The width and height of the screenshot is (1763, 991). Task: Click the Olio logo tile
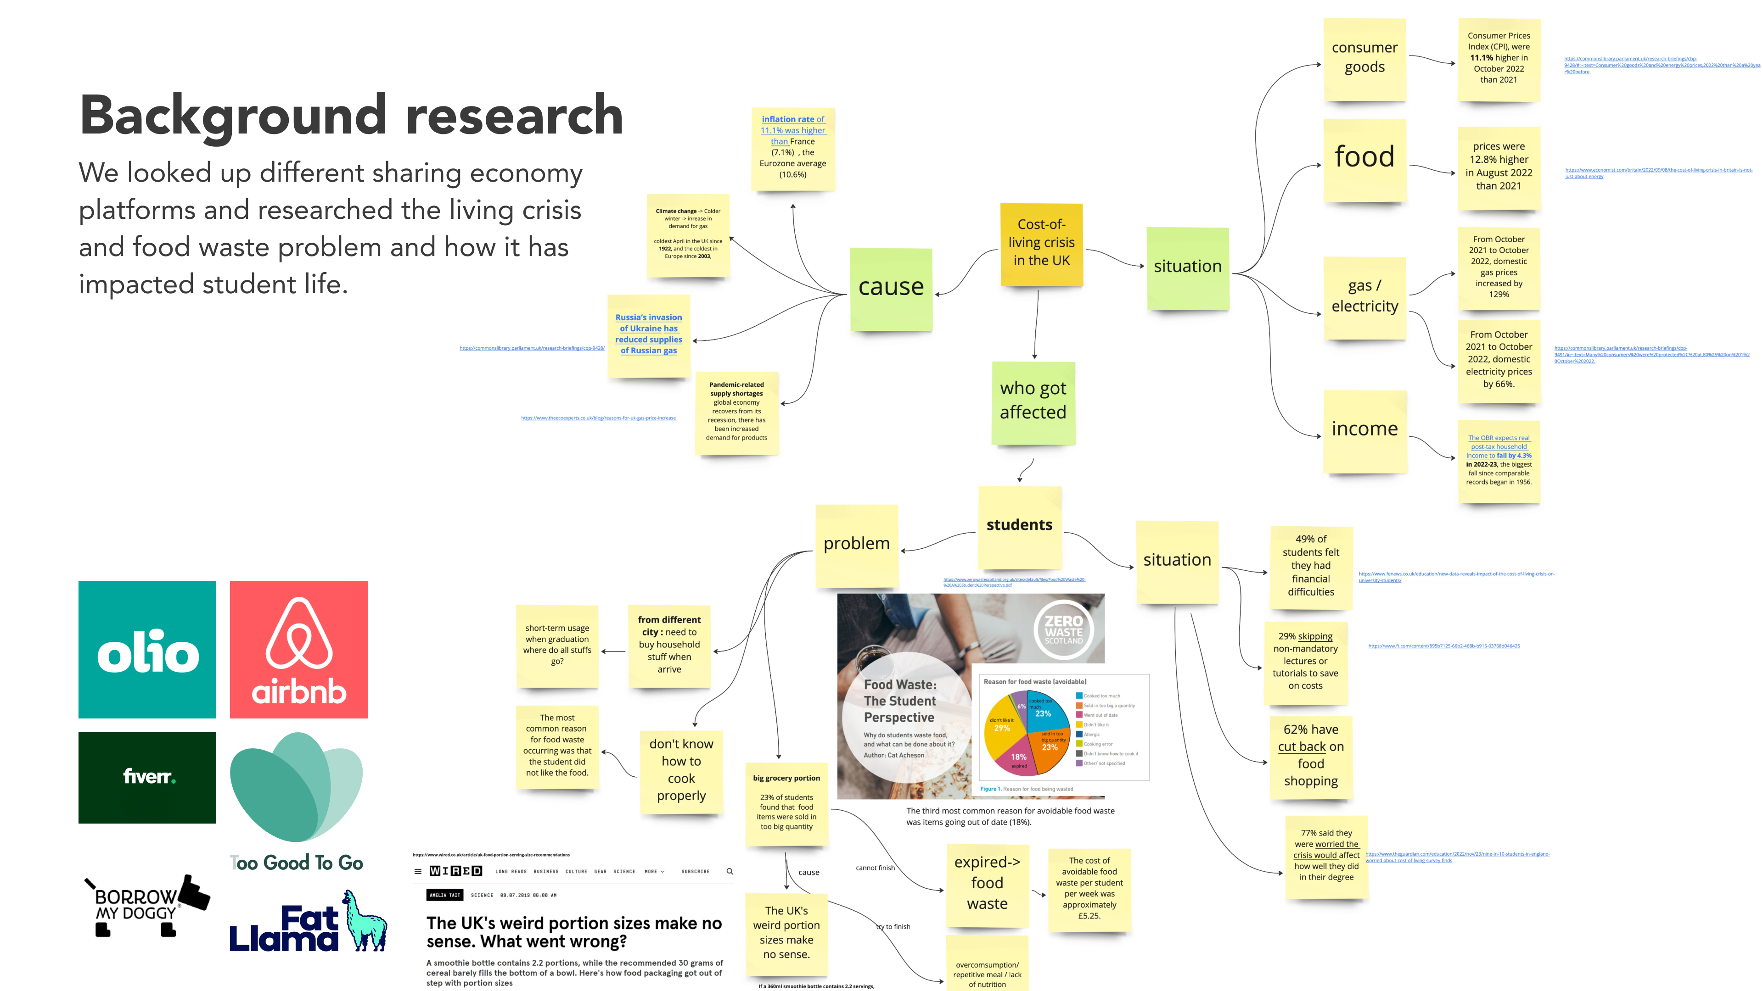click(147, 649)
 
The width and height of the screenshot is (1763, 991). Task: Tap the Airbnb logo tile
click(298, 649)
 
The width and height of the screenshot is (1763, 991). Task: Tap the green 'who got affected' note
click(1033, 401)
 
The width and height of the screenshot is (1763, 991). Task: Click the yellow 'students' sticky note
click(1019, 526)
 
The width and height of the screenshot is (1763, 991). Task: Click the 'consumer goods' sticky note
click(1364, 59)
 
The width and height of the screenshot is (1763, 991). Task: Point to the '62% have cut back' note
click(1310, 756)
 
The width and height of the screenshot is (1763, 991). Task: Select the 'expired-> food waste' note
click(987, 884)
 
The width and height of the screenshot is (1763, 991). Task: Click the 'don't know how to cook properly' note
click(681, 770)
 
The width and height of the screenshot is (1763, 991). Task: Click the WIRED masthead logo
click(456, 871)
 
